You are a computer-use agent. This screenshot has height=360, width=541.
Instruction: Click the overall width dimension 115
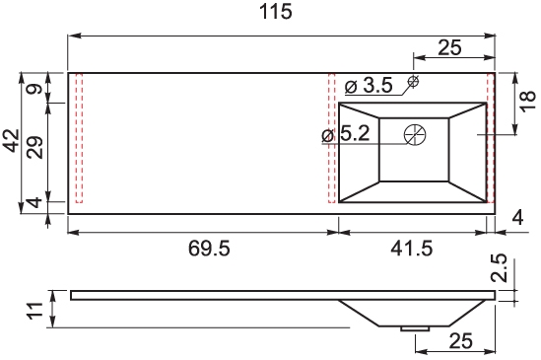[x=275, y=12]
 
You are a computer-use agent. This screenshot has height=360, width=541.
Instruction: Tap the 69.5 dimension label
[x=209, y=249]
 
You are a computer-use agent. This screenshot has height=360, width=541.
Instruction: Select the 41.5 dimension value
[x=412, y=249]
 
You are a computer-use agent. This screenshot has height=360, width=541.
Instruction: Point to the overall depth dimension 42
[x=11, y=140]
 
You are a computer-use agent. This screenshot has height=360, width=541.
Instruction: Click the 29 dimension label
[x=35, y=148]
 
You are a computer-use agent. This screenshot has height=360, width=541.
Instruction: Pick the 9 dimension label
[x=35, y=89]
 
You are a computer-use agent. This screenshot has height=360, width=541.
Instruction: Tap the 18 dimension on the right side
[x=527, y=101]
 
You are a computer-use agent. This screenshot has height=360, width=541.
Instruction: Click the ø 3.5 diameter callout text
[x=369, y=86]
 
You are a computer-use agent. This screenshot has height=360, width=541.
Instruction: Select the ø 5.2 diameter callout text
[x=346, y=133]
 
